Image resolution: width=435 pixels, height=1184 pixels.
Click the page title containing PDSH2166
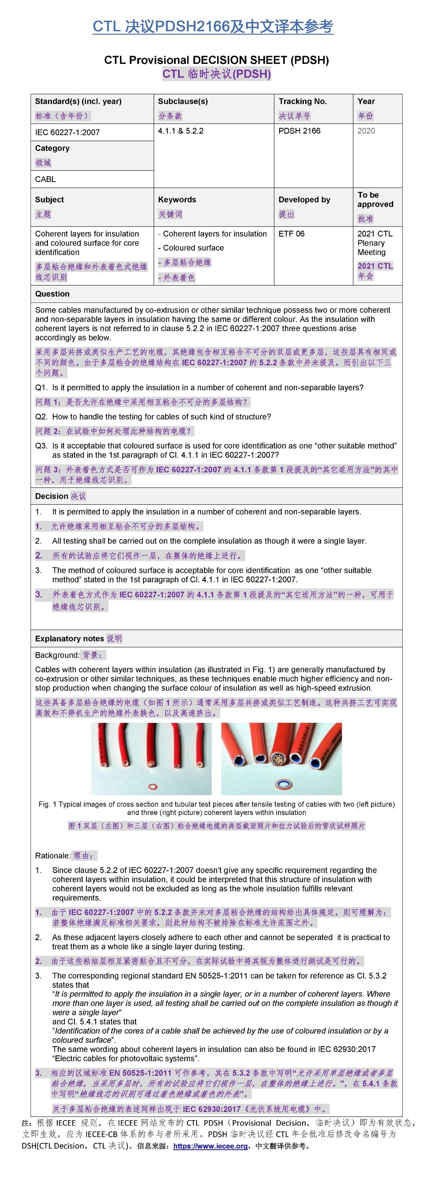212,27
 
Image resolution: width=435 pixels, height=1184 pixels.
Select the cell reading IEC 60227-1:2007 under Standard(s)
68,132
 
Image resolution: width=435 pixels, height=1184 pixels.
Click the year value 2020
366,131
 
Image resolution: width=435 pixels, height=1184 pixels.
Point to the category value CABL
45,179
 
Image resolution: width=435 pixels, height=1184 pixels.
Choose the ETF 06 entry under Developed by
292,234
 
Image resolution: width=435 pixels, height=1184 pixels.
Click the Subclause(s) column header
182,102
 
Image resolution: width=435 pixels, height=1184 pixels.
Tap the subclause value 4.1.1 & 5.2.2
181,131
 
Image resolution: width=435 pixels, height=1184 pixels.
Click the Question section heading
52,294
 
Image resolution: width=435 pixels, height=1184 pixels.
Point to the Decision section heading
52,496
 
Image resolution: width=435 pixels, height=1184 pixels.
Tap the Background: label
57,655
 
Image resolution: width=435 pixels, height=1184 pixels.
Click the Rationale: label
52,856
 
